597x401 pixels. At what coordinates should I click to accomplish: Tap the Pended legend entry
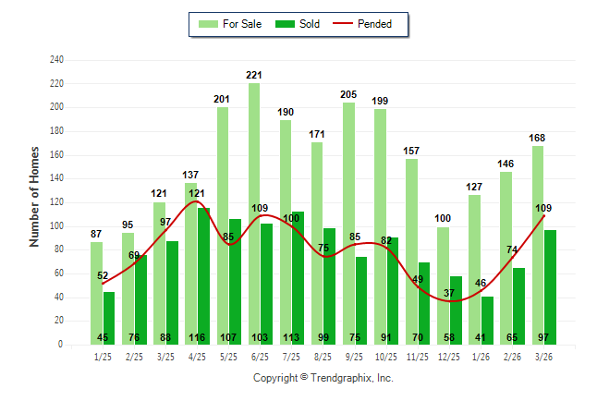[x=373, y=24]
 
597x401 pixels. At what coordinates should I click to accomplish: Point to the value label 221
[x=254, y=75]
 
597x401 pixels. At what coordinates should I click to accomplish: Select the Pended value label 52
[x=103, y=275]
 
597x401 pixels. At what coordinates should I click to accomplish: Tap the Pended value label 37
[x=449, y=293]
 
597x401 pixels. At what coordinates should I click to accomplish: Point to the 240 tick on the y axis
[x=56, y=60]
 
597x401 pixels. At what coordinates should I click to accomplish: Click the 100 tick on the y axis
[x=56, y=226]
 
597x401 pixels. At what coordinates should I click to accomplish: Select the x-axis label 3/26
[x=543, y=356]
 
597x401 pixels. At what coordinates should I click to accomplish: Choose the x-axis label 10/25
[x=386, y=356]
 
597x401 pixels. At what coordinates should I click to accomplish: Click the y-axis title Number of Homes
[x=35, y=196]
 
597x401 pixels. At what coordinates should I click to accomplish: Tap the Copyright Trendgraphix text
[x=323, y=378]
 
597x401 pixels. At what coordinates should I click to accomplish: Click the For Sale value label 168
[x=537, y=138]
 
